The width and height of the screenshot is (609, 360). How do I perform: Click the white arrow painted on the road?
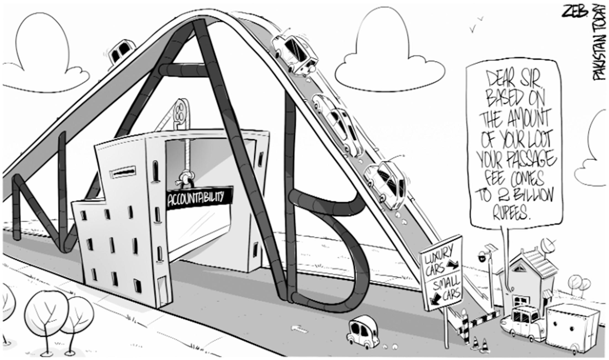click(299, 329)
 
